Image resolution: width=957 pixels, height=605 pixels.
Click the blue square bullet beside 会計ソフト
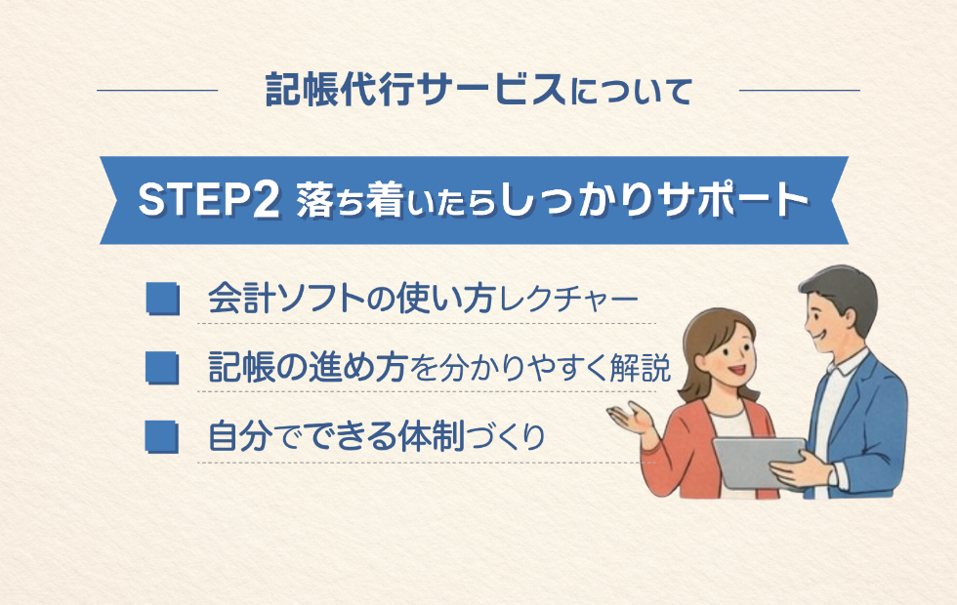(163, 299)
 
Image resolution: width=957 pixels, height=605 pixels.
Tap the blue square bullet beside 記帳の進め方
(163, 368)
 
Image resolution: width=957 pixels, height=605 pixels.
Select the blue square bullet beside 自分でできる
(163, 437)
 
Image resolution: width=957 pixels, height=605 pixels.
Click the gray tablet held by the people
(756, 463)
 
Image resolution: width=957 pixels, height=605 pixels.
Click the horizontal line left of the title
(157, 90)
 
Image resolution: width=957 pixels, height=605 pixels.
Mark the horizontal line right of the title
(800, 90)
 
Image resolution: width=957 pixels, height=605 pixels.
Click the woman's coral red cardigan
(678, 451)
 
